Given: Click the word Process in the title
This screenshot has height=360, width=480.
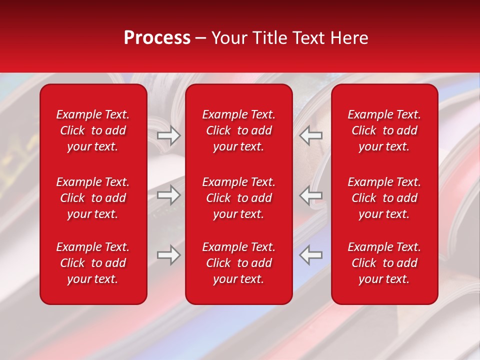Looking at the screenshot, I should tap(157, 38).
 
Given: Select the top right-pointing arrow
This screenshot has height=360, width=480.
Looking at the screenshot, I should tap(168, 135).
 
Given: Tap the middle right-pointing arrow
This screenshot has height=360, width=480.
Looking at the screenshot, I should tap(168, 195).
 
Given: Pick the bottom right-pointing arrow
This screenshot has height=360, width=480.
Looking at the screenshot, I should tap(168, 255).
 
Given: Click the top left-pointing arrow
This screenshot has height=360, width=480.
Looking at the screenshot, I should tap(310, 135).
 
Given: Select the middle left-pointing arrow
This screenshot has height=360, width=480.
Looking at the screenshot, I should tap(310, 195).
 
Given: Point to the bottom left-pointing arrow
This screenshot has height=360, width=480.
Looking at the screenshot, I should tap(310, 255).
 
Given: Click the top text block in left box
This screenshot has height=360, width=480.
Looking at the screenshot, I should tap(93, 130).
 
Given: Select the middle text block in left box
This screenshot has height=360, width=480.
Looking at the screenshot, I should tap(93, 198).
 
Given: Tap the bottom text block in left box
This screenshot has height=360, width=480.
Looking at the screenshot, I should tap(93, 263).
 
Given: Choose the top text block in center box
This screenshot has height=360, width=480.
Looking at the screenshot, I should tap(239, 130).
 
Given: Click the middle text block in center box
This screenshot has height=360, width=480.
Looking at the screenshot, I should tap(239, 198).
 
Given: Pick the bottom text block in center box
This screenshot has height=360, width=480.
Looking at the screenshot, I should tap(239, 263).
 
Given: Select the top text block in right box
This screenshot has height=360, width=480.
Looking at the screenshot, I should tap(384, 130).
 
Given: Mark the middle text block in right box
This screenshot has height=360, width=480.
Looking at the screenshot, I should tap(384, 198).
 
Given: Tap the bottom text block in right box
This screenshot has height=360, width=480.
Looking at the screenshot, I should tap(384, 263).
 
